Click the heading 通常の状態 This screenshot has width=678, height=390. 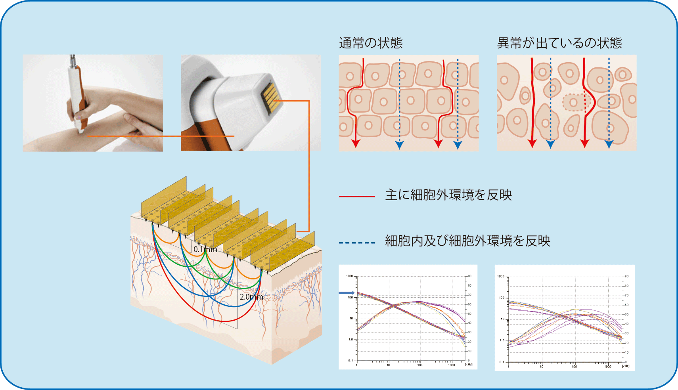point(371,43)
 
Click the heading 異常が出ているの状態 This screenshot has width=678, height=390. point(559,43)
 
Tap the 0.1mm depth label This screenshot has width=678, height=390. point(205,249)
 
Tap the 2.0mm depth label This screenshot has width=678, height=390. point(251,297)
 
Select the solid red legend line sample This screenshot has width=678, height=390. point(357,196)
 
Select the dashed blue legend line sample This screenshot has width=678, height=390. point(357,243)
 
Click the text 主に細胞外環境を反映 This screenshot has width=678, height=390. point(448,195)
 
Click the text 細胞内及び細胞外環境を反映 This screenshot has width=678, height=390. point(467,241)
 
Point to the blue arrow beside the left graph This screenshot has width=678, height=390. point(346,293)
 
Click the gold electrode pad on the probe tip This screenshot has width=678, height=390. point(271,97)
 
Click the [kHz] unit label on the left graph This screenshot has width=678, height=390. point(469,364)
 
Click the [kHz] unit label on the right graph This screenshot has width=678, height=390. point(625,366)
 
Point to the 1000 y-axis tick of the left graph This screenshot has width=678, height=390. point(349,276)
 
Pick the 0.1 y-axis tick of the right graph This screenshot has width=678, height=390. point(502,362)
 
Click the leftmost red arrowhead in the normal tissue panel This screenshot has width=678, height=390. point(355,143)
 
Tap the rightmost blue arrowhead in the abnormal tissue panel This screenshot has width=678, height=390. point(609,144)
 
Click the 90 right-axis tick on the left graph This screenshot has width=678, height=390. point(469,276)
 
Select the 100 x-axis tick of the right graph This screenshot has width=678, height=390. point(574,366)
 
